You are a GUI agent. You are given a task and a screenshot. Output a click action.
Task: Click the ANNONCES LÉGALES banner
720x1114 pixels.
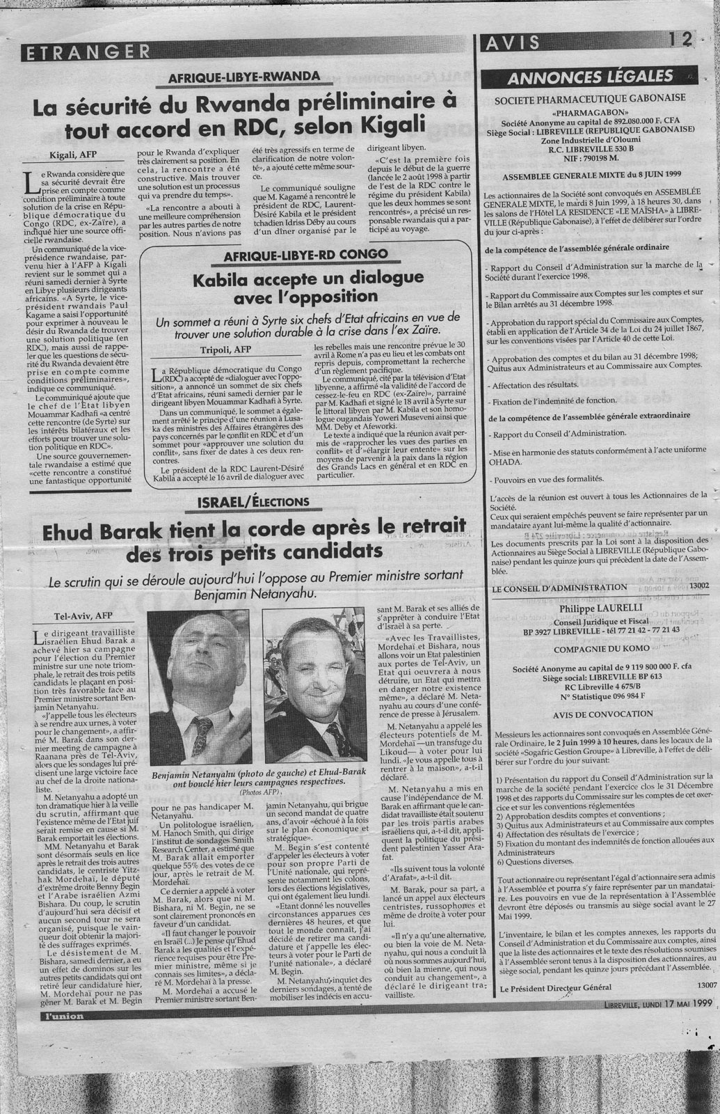click(591, 76)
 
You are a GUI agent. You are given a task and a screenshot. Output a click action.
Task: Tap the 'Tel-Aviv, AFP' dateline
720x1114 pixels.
click(73, 615)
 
